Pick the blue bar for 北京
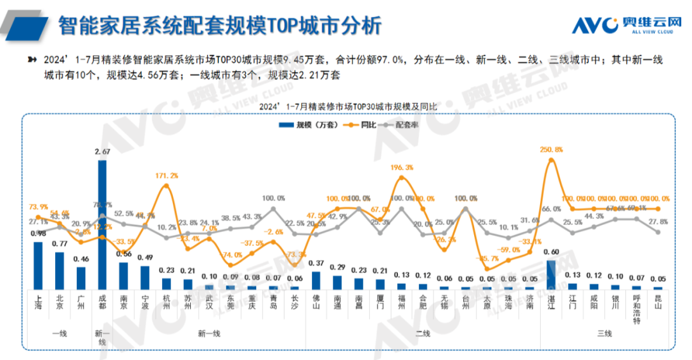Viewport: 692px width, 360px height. click(x=59, y=270)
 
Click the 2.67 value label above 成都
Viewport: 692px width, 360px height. click(x=103, y=152)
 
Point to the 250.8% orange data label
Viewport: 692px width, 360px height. click(x=551, y=150)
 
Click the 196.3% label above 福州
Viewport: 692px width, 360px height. click(x=401, y=167)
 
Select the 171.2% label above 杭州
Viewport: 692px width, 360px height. click(x=166, y=175)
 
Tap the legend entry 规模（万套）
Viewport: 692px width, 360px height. click(x=309, y=125)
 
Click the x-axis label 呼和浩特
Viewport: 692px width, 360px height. click(x=636, y=310)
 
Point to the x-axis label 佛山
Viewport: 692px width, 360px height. click(x=316, y=302)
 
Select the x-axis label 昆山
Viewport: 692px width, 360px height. click(x=657, y=302)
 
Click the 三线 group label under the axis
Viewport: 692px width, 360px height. click(x=604, y=334)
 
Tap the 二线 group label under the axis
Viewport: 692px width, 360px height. click(x=423, y=334)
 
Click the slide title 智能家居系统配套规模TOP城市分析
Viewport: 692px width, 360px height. click(x=220, y=26)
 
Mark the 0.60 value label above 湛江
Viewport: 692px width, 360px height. click(x=551, y=252)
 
